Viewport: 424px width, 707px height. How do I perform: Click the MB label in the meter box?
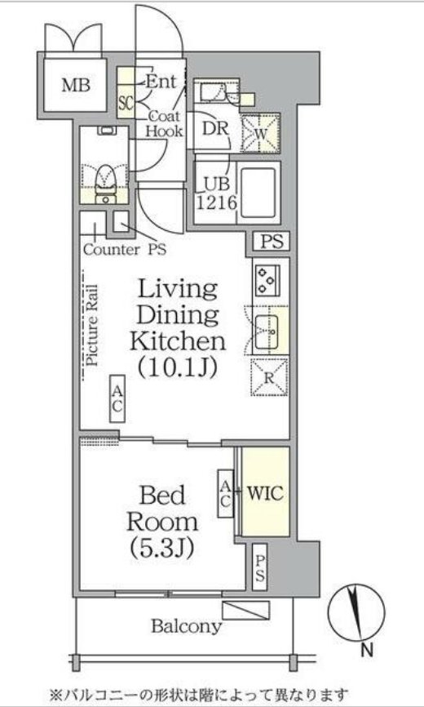pyautogui.click(x=76, y=85)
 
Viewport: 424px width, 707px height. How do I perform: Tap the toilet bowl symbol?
pyautogui.click(x=106, y=180)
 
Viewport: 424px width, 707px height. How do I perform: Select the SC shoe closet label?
pyautogui.click(x=126, y=103)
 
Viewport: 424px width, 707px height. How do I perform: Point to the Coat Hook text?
pyautogui.click(x=165, y=123)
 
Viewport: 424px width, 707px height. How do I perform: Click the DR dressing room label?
pyautogui.click(x=215, y=129)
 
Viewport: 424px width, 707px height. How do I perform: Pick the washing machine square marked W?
pyautogui.click(x=261, y=133)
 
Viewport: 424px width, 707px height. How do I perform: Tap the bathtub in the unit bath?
pyautogui.click(x=258, y=193)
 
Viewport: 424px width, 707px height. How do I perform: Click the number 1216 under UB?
pyautogui.click(x=216, y=203)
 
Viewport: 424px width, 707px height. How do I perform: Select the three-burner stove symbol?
pyautogui.click(x=267, y=280)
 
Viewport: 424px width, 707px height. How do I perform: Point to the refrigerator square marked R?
pyautogui.click(x=269, y=377)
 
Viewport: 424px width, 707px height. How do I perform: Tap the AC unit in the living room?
pyautogui.click(x=117, y=398)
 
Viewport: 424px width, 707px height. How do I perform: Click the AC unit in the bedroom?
pyautogui.click(x=225, y=493)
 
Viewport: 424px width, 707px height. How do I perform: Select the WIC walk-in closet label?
pyautogui.click(x=266, y=493)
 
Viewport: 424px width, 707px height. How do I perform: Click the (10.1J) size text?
pyautogui.click(x=178, y=367)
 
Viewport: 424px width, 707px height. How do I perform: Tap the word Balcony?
pyautogui.click(x=187, y=626)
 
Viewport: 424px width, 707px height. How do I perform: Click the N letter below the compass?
pyautogui.click(x=367, y=650)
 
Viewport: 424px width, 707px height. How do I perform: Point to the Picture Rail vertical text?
pyautogui.click(x=93, y=325)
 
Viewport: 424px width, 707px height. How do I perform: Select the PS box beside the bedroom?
pyautogui.click(x=260, y=567)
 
